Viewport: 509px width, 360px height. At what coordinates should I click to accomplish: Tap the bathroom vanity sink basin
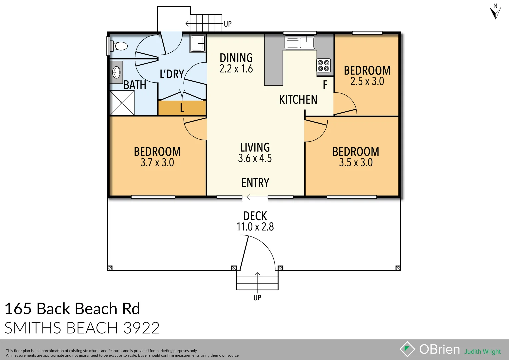coord(116,72)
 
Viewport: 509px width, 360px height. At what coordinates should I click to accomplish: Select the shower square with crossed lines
coord(122,103)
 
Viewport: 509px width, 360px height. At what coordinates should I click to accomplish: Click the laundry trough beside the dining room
coord(197,44)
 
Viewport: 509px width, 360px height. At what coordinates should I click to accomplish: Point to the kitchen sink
coord(300,42)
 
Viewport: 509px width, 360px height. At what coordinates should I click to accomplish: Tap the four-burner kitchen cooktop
coord(323,65)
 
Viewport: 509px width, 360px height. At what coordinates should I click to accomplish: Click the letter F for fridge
coord(325,85)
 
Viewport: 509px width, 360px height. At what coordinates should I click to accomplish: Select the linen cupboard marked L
coord(182,108)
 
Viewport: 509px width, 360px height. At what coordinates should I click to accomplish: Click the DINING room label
coord(236,58)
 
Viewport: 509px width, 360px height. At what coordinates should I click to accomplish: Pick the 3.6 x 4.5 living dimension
coord(255,158)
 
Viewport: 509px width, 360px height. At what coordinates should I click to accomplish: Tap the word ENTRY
coord(255,183)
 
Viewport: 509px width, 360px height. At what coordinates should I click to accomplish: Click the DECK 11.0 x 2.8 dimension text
coord(255,227)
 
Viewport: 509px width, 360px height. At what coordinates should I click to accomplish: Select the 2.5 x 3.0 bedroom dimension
coord(367,81)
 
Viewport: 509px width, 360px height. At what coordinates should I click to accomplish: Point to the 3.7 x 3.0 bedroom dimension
coord(157,163)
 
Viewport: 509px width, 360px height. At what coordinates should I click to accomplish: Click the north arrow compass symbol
coord(495,12)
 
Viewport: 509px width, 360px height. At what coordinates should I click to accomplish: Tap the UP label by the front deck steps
coord(257,298)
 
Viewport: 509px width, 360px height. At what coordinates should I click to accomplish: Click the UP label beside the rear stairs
coord(228,24)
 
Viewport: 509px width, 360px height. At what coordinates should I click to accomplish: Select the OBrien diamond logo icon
coord(407,349)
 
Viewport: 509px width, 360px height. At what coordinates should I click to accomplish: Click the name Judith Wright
coord(482,352)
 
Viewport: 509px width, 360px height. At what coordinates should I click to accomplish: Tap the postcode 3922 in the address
coord(141,328)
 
